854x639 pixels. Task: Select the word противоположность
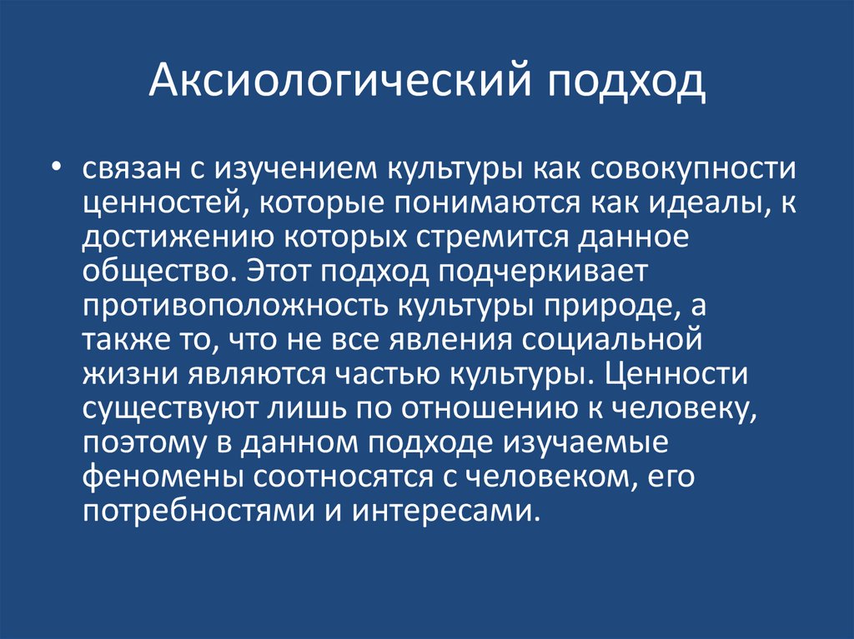(x=229, y=307)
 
